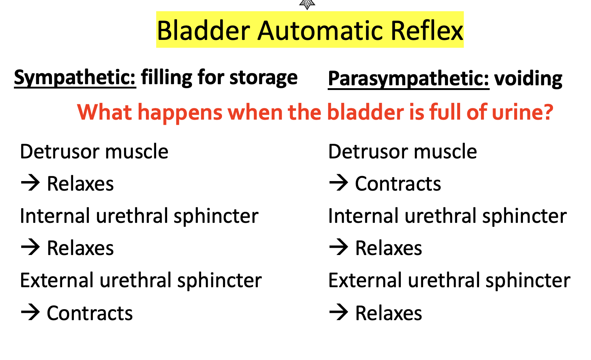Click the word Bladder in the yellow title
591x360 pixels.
tap(203, 30)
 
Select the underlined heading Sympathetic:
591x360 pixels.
tap(75, 78)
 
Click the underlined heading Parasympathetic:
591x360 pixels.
tap(408, 79)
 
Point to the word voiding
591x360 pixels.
tap(528, 79)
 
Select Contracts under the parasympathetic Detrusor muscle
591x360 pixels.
tap(398, 184)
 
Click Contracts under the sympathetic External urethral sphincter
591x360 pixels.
tap(90, 314)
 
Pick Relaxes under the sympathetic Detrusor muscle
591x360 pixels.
tap(80, 184)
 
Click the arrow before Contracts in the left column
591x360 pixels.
tap(30, 313)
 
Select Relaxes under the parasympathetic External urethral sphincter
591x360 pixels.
tap(388, 314)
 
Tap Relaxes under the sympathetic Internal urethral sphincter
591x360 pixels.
tap(80, 248)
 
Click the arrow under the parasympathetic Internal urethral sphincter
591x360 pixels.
tap(339, 247)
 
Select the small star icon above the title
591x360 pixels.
tap(307, 4)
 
